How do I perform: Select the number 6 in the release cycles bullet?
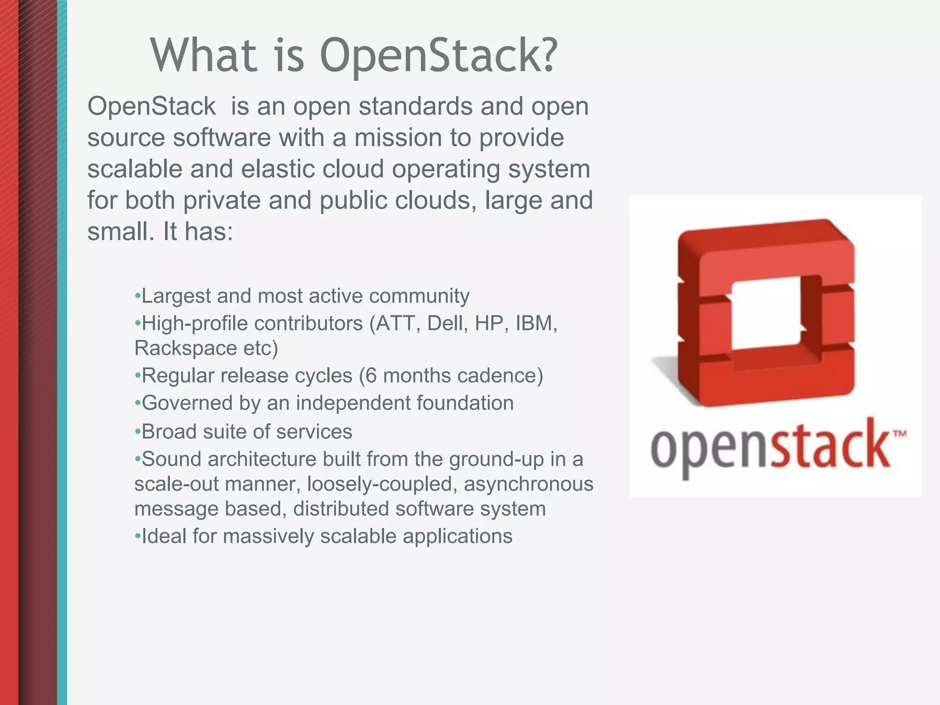371,376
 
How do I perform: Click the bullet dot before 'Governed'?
137,403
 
